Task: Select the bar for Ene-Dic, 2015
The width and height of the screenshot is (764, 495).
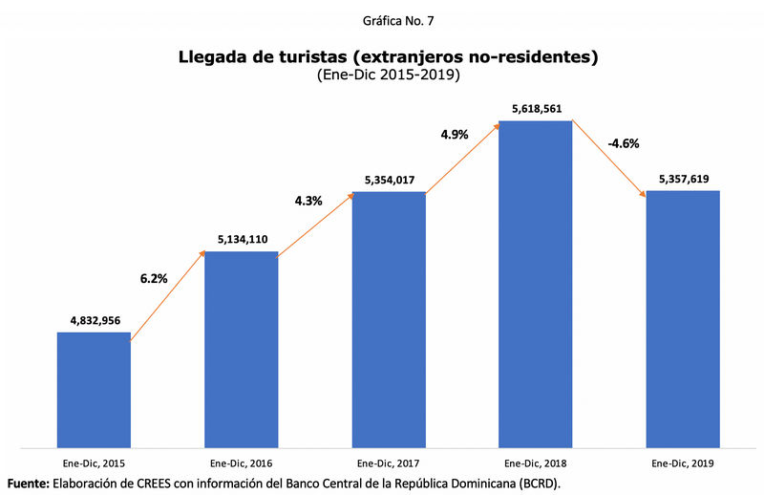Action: pos(94,389)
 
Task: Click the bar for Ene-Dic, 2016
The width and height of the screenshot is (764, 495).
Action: pos(242,349)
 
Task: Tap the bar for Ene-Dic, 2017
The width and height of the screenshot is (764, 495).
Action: pos(389,319)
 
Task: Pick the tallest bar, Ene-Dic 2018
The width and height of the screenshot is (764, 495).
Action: pos(536,284)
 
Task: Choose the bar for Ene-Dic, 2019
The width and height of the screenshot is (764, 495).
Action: pos(683,318)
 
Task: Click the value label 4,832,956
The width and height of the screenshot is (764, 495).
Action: pos(94,320)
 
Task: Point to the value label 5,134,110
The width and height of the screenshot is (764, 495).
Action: pos(242,240)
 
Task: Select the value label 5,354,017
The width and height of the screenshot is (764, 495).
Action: pos(389,180)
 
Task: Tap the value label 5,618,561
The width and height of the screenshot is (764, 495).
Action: pos(536,109)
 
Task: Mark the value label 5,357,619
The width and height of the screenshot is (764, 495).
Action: pos(683,179)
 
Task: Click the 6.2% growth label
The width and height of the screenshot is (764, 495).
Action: pos(154,279)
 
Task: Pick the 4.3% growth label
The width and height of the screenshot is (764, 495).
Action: pos(308,201)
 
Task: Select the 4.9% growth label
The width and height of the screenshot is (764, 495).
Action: pos(455,135)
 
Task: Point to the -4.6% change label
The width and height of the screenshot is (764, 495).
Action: pos(623,144)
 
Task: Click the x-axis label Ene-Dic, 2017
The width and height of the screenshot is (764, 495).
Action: pos(389,463)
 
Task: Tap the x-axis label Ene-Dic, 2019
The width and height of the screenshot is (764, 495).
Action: pos(683,463)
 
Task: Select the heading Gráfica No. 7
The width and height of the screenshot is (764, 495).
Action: pos(388,19)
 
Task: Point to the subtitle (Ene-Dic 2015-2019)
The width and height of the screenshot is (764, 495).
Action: pos(388,75)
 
